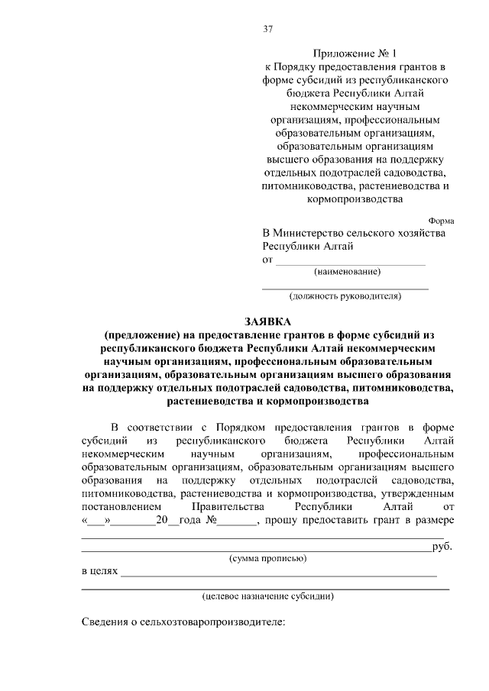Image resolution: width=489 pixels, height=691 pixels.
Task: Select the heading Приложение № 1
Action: pos(345,53)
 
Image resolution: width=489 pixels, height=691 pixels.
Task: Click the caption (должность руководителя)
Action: pos(345,295)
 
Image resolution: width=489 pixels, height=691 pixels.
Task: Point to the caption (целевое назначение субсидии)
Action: pos(267,596)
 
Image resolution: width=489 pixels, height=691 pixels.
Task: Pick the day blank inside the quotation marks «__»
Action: pos(98,521)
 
